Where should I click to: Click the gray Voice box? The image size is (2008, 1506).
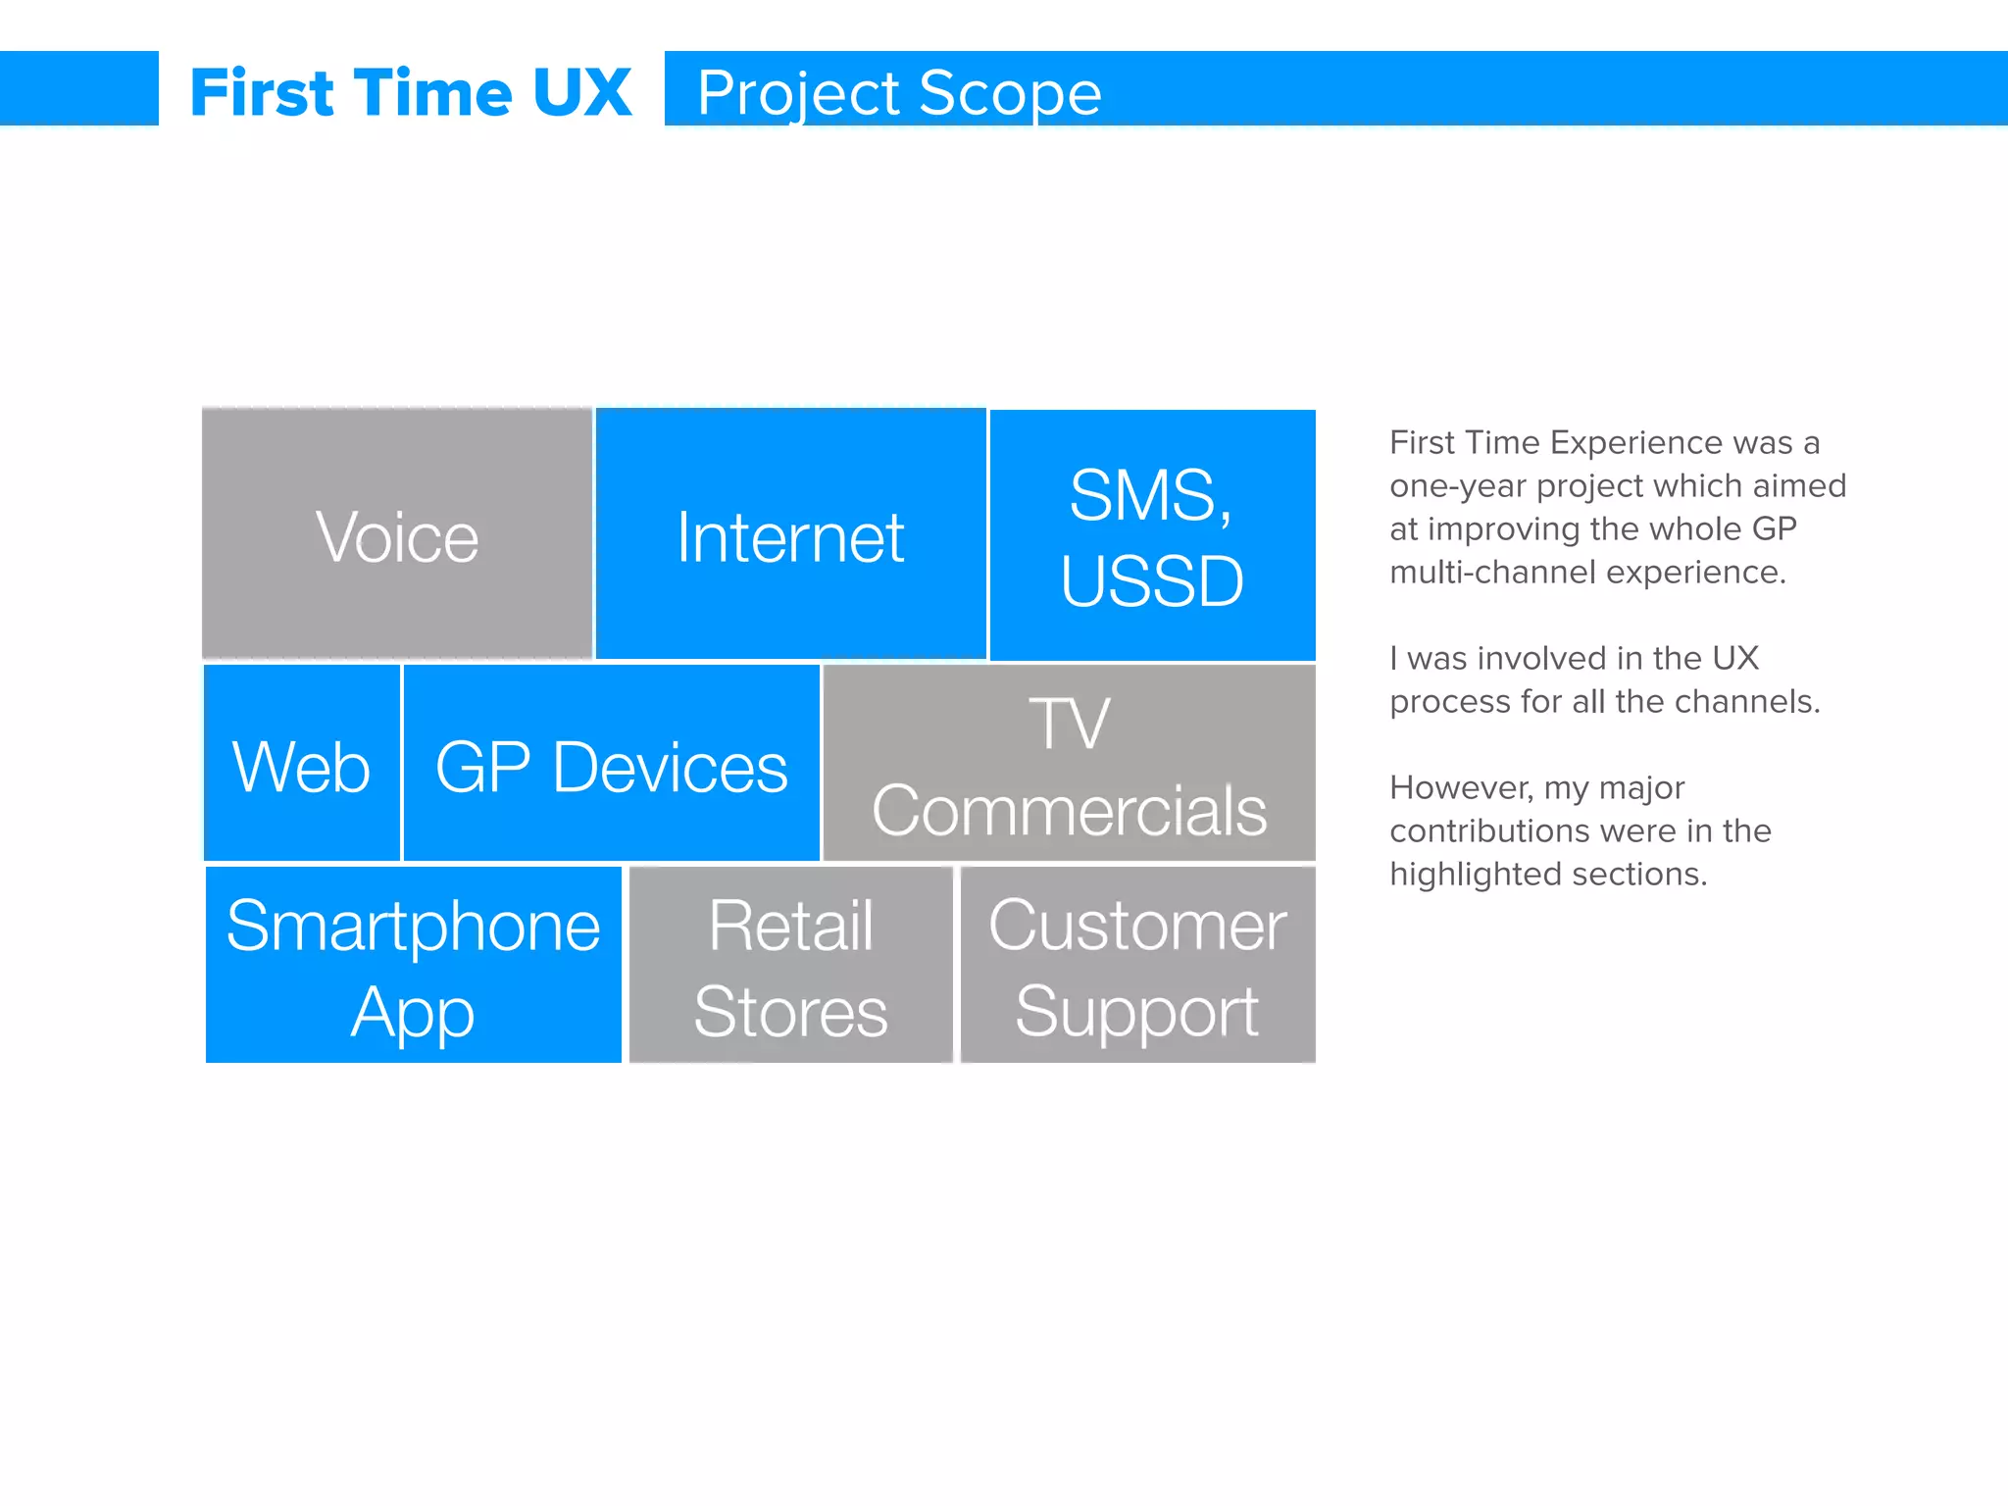tap(397, 534)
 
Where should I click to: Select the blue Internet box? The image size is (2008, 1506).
tap(790, 534)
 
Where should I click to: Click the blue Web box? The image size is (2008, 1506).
tap(302, 765)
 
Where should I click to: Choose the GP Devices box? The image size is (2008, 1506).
tap(611, 765)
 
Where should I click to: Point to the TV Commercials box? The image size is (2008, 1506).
tap(1069, 765)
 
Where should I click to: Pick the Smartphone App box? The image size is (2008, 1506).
tap(413, 966)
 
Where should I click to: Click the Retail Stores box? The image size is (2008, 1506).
tap(790, 966)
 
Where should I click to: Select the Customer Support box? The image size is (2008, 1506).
tap(1137, 966)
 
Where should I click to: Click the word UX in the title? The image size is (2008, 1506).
tap(582, 93)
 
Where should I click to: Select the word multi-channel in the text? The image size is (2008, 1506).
tap(1492, 573)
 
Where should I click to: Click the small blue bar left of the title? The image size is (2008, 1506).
tap(78, 88)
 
